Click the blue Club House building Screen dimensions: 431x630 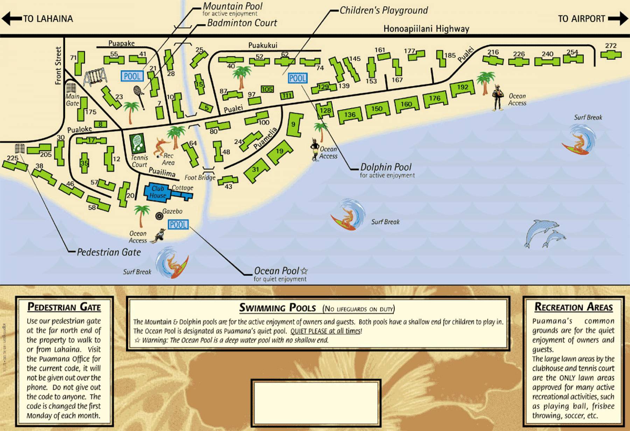pyautogui.click(x=157, y=192)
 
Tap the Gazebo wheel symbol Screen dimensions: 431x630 pyautogui.click(x=159, y=216)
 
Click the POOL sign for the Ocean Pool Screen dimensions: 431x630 pyautogui.click(x=178, y=225)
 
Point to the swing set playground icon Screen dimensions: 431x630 pyautogui.click(x=95, y=77)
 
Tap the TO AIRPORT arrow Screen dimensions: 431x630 pyautogui.click(x=618, y=19)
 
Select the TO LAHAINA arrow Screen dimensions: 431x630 pyautogui.click(x=12, y=19)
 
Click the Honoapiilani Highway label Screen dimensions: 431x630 pyautogui.click(x=426, y=29)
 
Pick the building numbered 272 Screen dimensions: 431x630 pyautogui.click(x=611, y=54)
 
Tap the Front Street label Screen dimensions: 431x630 pyautogui.click(x=58, y=65)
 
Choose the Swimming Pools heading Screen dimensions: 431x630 pyautogui.click(x=278, y=308)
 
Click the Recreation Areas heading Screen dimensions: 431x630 pyautogui.click(x=574, y=307)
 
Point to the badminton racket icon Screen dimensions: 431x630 pyautogui.click(x=139, y=96)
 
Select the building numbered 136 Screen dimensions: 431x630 pyautogui.click(x=350, y=115)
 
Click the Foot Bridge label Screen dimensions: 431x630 pyautogui.click(x=200, y=177)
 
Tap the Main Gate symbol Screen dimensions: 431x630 pyautogui.click(x=71, y=87)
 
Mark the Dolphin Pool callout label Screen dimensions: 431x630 pyautogui.click(x=386, y=167)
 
